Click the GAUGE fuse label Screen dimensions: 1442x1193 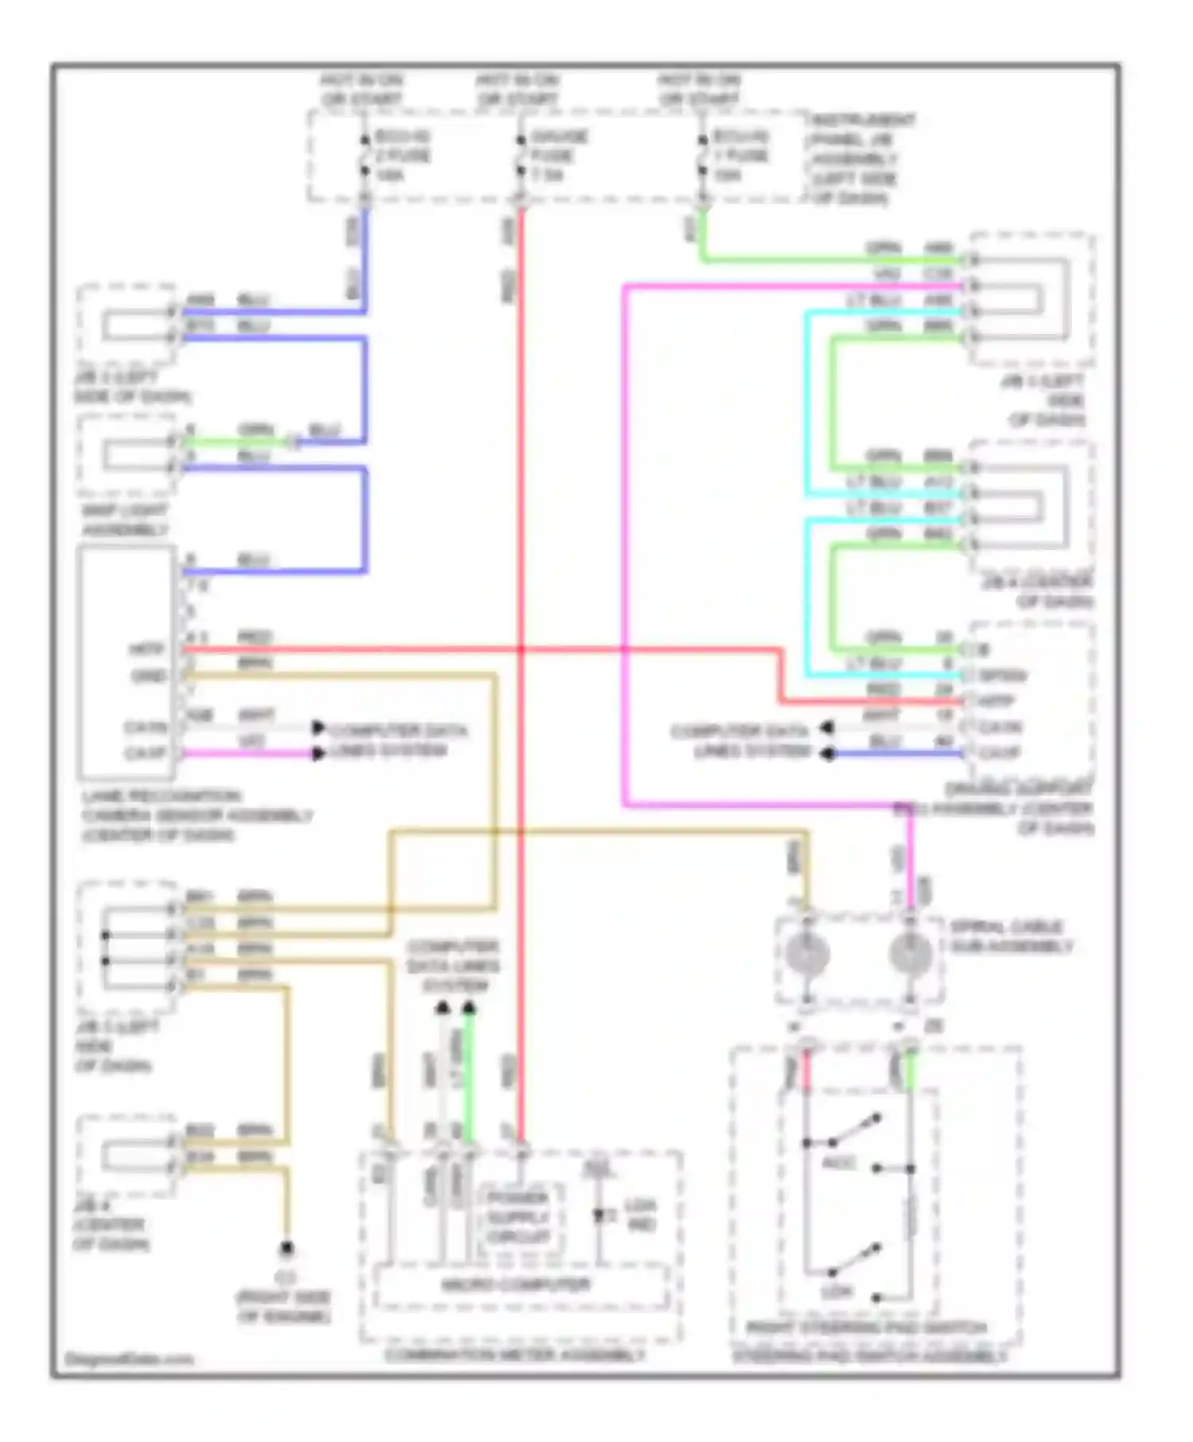pyautogui.click(x=558, y=155)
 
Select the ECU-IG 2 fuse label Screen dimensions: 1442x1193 pyautogui.click(x=402, y=155)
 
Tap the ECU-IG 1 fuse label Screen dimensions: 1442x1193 pyautogui.click(x=740, y=155)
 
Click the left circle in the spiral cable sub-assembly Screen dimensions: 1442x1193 pyautogui.click(x=807, y=953)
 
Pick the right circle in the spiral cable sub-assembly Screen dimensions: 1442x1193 pyautogui.click(x=910, y=953)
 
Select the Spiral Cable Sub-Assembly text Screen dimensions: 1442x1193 pyautogui.click(x=1010, y=936)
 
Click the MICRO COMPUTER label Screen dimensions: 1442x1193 pyautogui.click(x=515, y=1285)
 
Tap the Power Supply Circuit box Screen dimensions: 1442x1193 pyautogui.click(x=519, y=1217)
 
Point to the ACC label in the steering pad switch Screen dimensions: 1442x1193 pyautogui.click(x=838, y=1163)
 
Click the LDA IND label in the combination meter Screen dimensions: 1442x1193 pyautogui.click(x=641, y=1215)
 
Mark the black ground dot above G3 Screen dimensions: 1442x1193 pyautogui.click(x=286, y=1250)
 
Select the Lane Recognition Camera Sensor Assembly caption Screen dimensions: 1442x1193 pyautogui.click(x=195, y=816)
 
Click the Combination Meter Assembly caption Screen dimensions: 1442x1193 pyautogui.click(x=515, y=1355)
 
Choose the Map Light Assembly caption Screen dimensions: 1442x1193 pyautogui.click(x=125, y=520)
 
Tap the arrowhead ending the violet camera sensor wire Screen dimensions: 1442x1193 pyautogui.click(x=318, y=753)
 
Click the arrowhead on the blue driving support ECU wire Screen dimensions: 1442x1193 pyautogui.click(x=828, y=753)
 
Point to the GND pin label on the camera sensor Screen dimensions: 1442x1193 pyautogui.click(x=148, y=676)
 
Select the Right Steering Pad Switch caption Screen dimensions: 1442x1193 pyautogui.click(x=867, y=1328)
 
